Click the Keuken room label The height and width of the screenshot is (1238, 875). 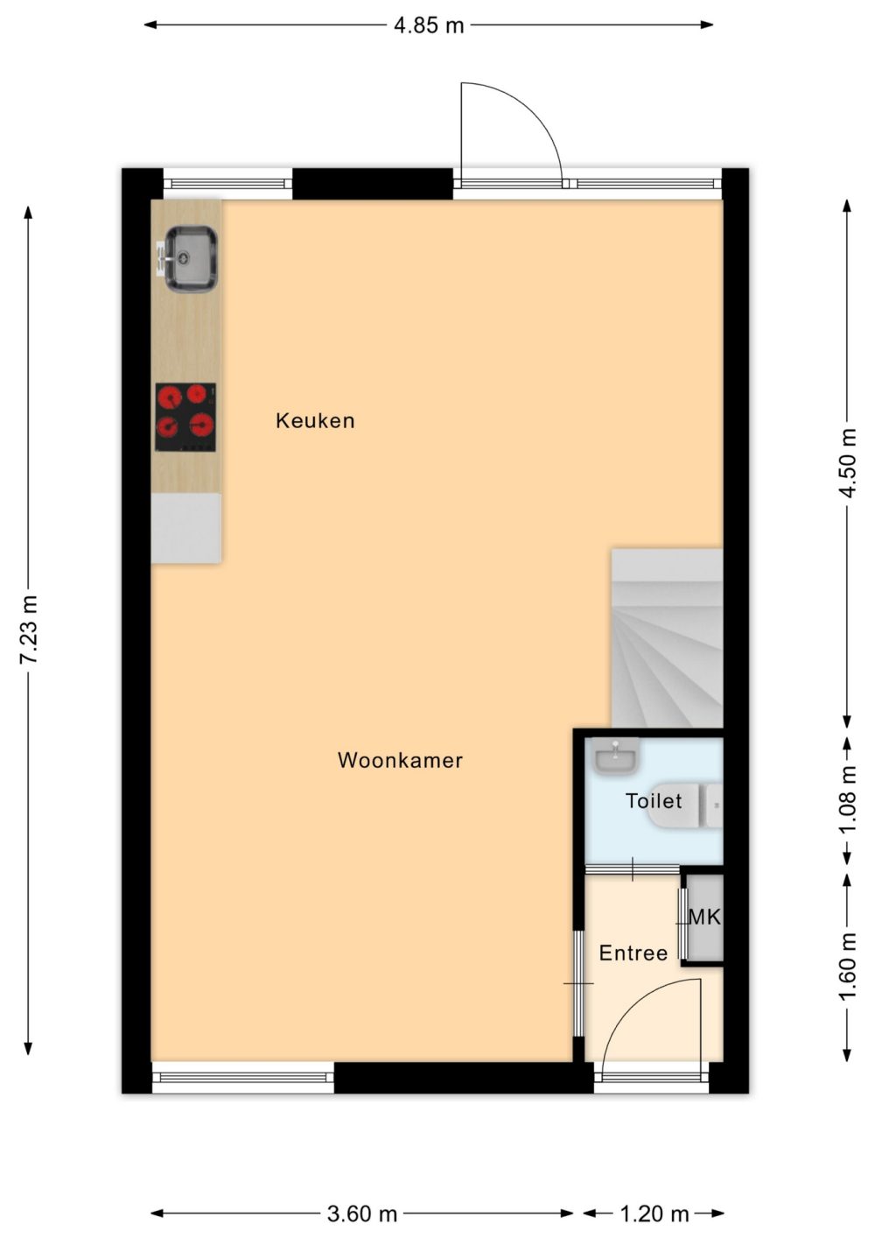315,421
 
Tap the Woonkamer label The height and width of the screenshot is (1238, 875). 400,761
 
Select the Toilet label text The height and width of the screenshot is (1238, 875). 654,801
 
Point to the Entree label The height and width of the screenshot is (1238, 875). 633,953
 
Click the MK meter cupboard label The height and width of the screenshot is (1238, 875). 705,918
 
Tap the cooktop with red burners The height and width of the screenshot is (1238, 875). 185,418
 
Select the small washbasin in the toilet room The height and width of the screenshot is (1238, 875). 615,755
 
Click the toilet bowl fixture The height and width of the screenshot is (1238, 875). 684,805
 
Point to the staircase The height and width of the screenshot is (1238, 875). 667,638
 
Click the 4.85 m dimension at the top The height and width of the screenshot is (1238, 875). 429,25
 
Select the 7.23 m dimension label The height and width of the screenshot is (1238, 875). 29,630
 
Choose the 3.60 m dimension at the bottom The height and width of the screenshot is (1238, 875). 362,1214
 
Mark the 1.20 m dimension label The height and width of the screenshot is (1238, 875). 654,1214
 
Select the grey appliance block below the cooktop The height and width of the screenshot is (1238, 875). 186,528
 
